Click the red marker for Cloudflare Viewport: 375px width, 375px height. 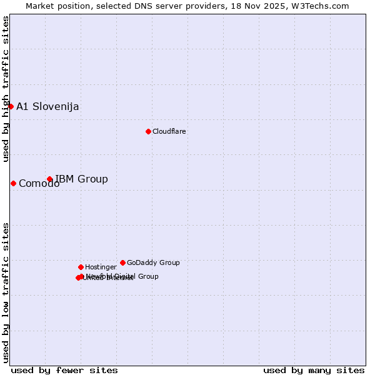pos(148,131)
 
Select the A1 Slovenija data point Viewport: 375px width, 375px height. pos(11,106)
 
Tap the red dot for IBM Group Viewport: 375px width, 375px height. pos(49,179)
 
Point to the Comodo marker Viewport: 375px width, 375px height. pos(13,183)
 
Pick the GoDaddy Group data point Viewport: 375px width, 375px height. pos(122,262)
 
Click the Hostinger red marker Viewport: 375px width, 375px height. pos(81,267)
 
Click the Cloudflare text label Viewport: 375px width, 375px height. pos(169,131)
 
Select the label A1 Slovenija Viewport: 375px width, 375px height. pos(47,106)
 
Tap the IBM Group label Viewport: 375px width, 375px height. pos(81,179)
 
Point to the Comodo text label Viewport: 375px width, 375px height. pos(39,183)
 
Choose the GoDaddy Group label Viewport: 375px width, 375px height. pos(153,262)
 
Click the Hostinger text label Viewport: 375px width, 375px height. pos(101,267)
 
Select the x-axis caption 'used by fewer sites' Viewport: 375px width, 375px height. pos(64,371)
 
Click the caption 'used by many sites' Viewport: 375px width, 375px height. pos(314,371)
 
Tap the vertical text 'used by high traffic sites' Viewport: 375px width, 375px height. pos(6,89)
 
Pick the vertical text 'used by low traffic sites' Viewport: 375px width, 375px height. pos(6,292)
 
